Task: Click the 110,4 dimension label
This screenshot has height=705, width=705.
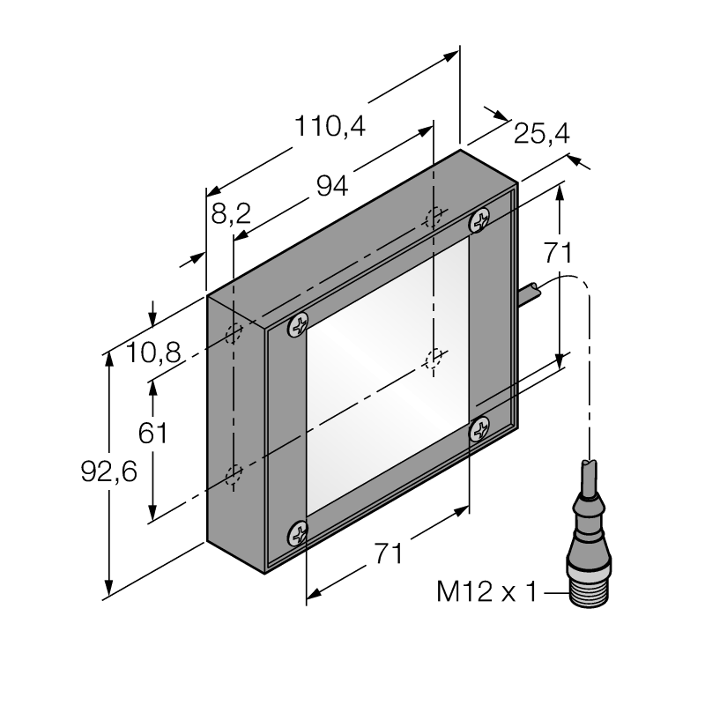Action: pos(330,126)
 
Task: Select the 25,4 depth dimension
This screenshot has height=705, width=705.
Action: pos(541,134)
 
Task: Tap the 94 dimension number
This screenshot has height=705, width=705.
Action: pos(332,186)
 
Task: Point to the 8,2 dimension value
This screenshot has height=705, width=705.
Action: pos(231,213)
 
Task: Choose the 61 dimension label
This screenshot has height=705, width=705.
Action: pos(152,433)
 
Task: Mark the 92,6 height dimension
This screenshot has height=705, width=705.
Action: pos(108,472)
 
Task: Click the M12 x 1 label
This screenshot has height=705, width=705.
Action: pos(487,591)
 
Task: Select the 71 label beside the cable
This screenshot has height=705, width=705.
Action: pos(558,253)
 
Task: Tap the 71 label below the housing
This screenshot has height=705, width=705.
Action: pos(389,553)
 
